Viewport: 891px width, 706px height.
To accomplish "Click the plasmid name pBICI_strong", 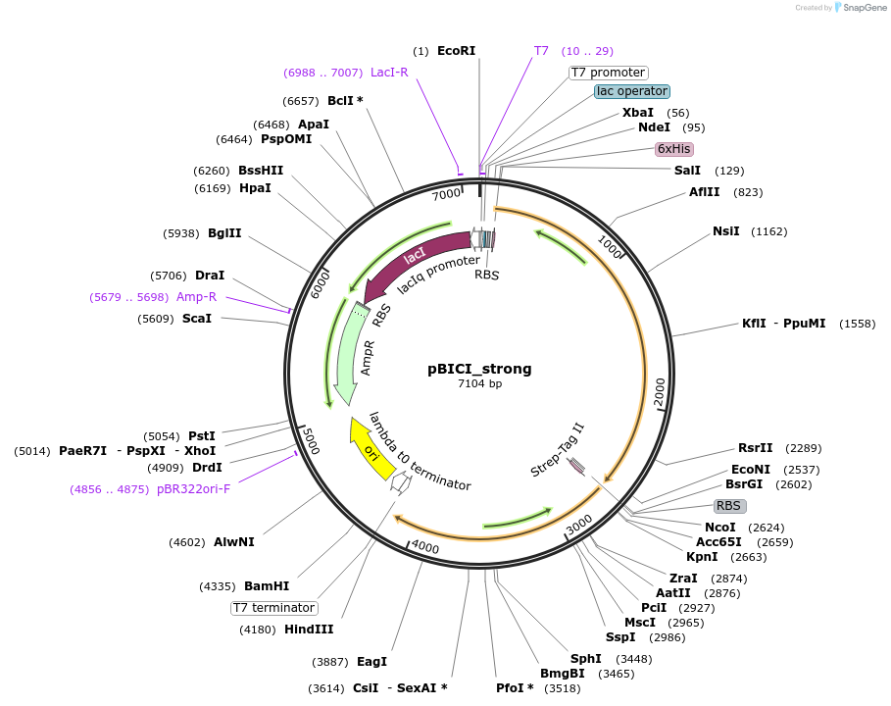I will coord(479,370).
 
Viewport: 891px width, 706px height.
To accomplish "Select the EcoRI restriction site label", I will coord(456,51).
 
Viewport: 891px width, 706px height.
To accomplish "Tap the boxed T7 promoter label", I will coord(608,73).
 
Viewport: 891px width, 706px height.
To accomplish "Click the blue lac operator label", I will coord(631,91).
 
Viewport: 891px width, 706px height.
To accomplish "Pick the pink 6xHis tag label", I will coord(673,149).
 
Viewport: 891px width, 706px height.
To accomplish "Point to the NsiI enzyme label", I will coord(725,231).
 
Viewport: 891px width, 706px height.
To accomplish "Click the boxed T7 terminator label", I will coord(274,608).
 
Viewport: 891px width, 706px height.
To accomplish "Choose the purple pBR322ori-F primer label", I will coord(193,488).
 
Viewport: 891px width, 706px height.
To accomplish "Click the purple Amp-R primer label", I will coord(196,296).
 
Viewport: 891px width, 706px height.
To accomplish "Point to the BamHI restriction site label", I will coord(267,586).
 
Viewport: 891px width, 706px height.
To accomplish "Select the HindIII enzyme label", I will coord(309,630).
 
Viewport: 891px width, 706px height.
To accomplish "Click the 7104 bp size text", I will coord(479,384).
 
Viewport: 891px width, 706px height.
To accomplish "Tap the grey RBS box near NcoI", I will coord(729,506).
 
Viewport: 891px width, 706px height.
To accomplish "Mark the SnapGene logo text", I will coord(862,7).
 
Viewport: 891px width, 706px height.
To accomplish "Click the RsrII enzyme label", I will coord(755,448).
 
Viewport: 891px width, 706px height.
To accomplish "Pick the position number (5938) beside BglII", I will coord(181,233).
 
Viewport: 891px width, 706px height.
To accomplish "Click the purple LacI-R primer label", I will coord(389,72).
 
